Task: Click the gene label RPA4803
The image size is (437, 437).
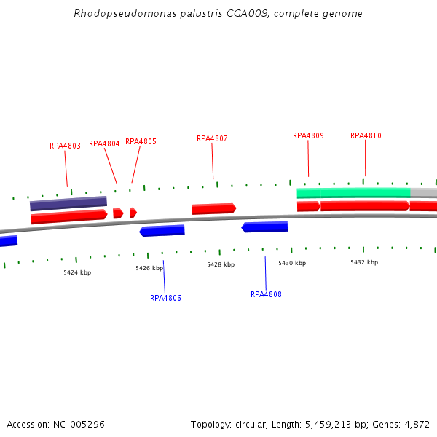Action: [65, 146]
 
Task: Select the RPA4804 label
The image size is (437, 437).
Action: [104, 143]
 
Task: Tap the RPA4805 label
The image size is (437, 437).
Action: [141, 141]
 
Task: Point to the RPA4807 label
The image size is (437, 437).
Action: [212, 138]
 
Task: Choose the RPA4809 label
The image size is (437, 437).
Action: [308, 135]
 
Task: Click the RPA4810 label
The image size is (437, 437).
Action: [366, 135]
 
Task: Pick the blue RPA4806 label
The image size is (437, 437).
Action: [165, 298]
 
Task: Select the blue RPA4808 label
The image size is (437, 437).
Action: [266, 294]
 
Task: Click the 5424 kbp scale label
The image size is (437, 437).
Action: [77, 272]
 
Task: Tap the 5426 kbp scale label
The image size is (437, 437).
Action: [149, 268]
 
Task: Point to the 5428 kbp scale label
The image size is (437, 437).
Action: [221, 264]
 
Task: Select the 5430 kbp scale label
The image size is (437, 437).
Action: [292, 262]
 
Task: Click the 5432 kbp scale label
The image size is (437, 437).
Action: [364, 262]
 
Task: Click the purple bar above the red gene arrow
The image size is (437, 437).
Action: [68, 203]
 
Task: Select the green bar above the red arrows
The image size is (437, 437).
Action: [353, 193]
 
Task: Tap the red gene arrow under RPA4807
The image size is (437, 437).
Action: [213, 209]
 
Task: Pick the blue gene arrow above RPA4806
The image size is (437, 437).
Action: [162, 231]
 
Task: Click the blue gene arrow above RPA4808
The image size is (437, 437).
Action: [264, 227]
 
